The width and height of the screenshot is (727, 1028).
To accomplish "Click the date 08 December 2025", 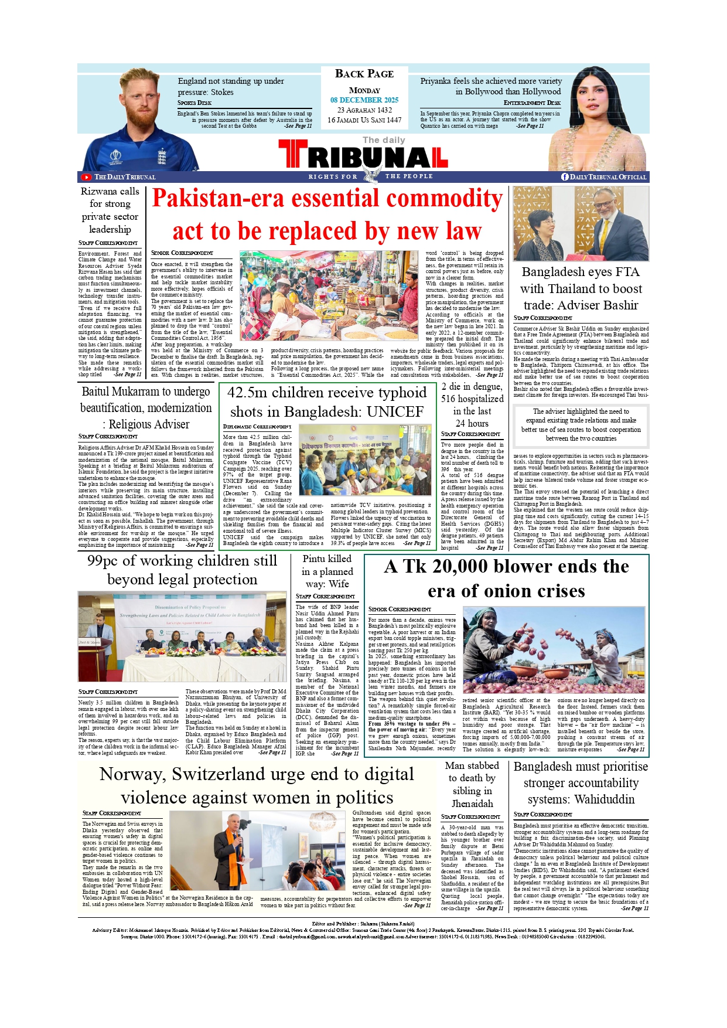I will [364, 100].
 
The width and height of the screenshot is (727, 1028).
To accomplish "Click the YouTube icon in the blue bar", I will [86, 177].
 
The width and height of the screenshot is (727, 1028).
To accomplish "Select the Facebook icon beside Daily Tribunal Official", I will [565, 177].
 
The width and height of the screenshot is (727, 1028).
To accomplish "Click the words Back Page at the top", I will [364, 74].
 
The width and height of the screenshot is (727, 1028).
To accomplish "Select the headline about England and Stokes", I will [231, 87].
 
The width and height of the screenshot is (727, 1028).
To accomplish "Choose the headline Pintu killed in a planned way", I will [327, 571].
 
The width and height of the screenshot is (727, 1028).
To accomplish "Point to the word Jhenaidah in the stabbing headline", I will [472, 804].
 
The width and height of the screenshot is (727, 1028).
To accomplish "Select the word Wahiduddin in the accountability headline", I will [605, 799].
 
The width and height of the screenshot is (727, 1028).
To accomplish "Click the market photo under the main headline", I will [329, 296].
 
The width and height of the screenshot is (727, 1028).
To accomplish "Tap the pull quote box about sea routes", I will [581, 425].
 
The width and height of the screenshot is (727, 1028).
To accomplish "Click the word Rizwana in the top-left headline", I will [100, 192].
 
